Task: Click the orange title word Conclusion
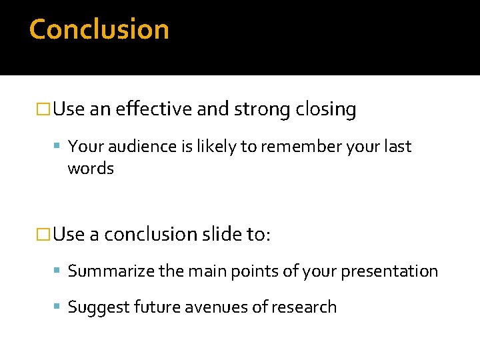(x=99, y=29)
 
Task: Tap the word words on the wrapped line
(x=91, y=168)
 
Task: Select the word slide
(x=220, y=234)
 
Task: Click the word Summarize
(x=109, y=271)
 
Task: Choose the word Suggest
(x=98, y=307)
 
